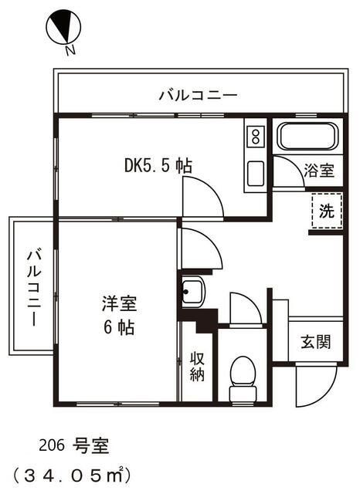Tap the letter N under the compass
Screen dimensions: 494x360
coord(70,51)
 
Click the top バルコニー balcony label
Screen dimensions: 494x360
coord(198,96)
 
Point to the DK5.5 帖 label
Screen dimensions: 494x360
coord(158,164)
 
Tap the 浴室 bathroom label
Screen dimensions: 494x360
coord(318,170)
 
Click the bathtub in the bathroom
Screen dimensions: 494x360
coord(307,137)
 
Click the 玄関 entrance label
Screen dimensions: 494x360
coord(315,340)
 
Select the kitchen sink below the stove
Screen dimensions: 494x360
coord(254,174)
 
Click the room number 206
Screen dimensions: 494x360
coord(52,445)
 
